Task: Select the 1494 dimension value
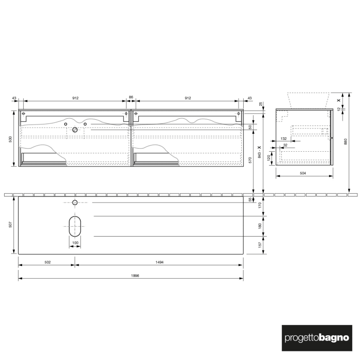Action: click(x=159, y=262)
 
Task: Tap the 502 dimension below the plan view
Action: click(x=47, y=262)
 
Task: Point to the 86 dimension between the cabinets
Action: click(x=131, y=98)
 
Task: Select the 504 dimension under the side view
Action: click(x=302, y=173)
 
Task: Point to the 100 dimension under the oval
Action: click(x=75, y=243)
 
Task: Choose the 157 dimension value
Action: click(x=260, y=245)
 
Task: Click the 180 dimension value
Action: click(x=260, y=226)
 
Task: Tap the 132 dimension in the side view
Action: click(x=284, y=139)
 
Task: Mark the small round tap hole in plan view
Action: click(x=75, y=203)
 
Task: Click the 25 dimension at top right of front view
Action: click(x=261, y=104)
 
